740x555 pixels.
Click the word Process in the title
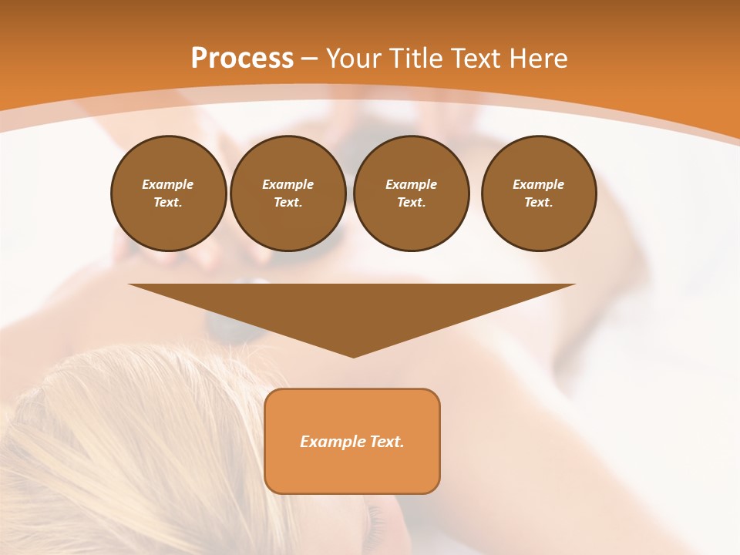[242, 59]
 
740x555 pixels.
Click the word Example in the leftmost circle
[168, 184]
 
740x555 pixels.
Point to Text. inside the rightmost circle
[539, 202]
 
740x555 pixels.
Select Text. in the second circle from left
[288, 202]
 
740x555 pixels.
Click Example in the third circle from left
[411, 184]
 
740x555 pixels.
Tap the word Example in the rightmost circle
[539, 184]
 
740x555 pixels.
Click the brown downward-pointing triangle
[352, 308]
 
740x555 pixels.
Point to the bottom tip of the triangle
[353, 355]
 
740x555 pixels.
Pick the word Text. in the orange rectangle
[385, 442]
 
